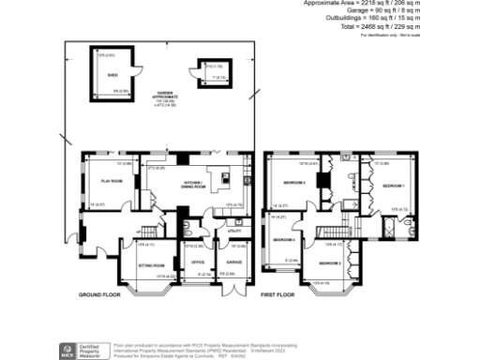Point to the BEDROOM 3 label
295,183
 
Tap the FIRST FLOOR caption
278,295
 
